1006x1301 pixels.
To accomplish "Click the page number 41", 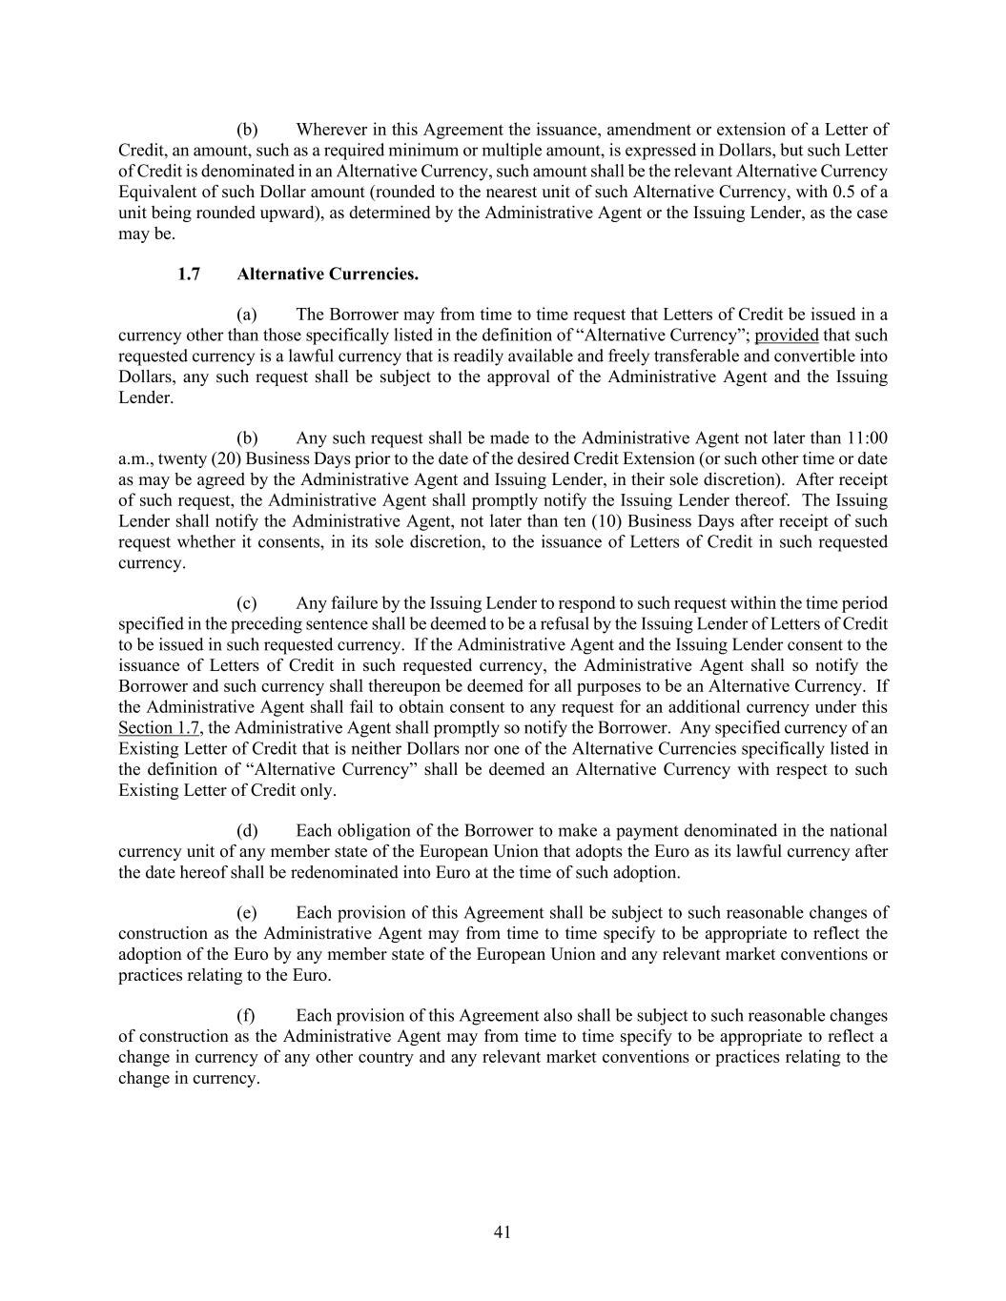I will click(x=503, y=1232).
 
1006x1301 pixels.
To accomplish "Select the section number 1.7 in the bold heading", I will click(x=189, y=274).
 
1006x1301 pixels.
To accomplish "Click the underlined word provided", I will click(x=787, y=335).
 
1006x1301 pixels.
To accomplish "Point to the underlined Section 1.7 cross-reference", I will click(x=159, y=728).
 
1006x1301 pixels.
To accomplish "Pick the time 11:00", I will click(x=866, y=438).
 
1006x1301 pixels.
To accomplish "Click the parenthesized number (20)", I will click(x=217, y=459).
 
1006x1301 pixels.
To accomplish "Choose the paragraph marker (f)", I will click(x=246, y=1016).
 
